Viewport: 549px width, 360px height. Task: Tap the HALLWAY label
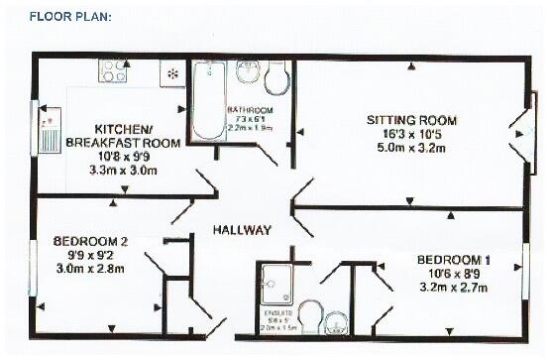[243, 230]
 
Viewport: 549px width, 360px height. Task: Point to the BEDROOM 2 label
[90, 242]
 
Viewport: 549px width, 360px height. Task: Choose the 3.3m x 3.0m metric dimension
[124, 171]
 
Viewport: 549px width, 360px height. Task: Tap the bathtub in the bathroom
[209, 100]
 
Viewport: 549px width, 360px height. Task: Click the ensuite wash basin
[336, 321]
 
